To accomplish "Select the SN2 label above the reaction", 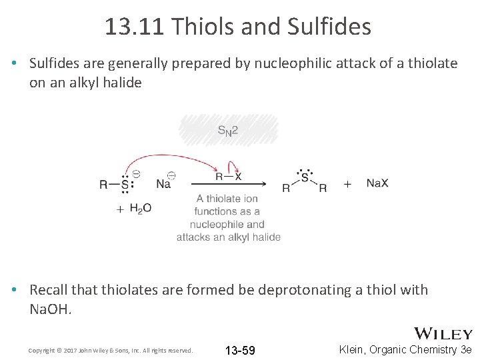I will (228, 131).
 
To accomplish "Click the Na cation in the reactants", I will (163, 184).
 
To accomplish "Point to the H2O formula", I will (140, 209).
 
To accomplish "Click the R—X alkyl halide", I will (228, 177).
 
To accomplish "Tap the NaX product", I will (377, 183).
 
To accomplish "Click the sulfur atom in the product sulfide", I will (305, 177).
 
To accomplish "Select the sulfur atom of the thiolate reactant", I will (124, 185).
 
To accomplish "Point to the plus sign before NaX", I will (347, 184).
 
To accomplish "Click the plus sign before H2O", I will (120, 209).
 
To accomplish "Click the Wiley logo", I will (444, 334).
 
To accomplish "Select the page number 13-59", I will (240, 351).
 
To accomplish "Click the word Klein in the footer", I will (355, 349).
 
